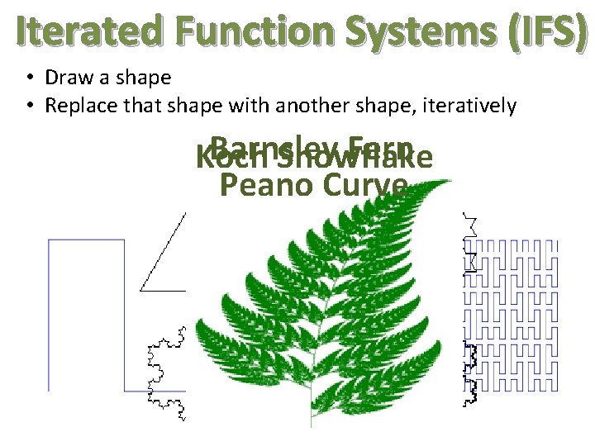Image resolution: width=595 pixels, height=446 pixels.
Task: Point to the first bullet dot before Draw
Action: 29,78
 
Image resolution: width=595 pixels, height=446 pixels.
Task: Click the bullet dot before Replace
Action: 29,107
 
